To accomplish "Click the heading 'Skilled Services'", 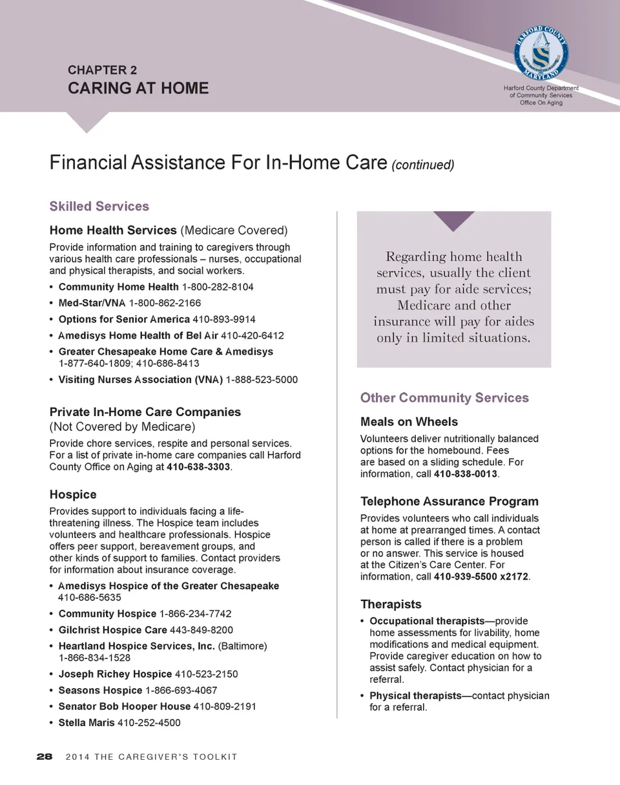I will (99, 206).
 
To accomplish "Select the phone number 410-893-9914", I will (229, 319).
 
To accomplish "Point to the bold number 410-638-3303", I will (198, 467).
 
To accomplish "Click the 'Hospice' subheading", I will (73, 494).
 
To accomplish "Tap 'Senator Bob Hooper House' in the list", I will (125, 706).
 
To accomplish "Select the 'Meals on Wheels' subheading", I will (409, 422).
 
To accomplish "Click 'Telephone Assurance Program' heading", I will (449, 501).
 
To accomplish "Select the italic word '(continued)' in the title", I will (423, 165).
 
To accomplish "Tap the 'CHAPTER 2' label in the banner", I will (102, 70).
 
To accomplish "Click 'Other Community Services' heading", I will (444, 398).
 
